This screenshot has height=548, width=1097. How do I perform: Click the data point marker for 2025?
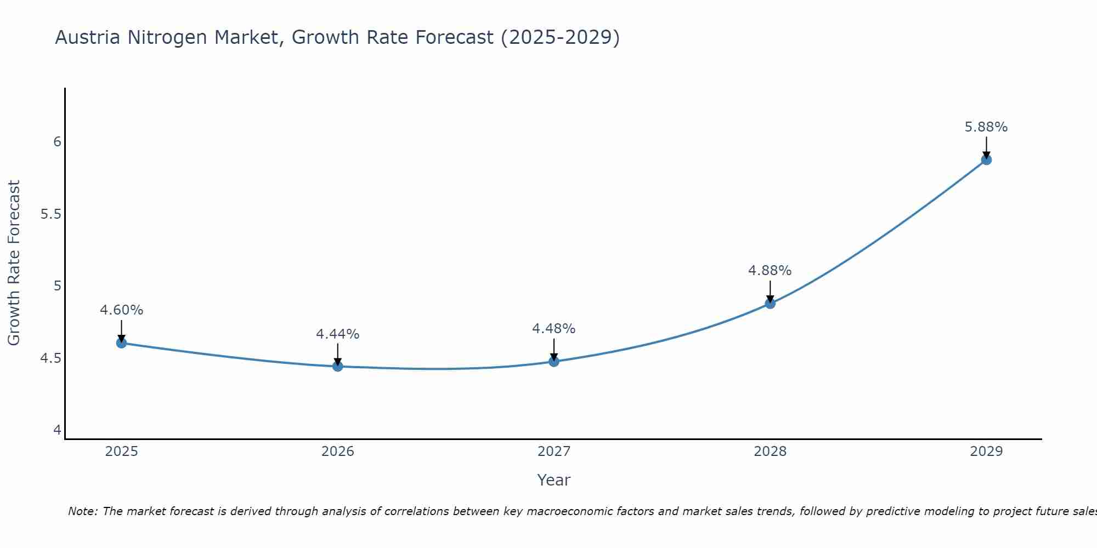(121, 343)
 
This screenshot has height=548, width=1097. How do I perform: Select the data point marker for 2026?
(337, 366)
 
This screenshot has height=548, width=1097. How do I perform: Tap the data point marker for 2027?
(553, 361)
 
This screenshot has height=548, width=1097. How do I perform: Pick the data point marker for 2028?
(770, 303)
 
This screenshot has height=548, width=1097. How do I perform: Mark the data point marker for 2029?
(986, 160)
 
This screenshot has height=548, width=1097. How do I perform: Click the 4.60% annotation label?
(121, 310)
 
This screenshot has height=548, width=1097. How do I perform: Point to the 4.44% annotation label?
(337, 334)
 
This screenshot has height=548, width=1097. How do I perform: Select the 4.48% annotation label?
(553, 329)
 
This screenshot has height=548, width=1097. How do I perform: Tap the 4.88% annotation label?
(770, 271)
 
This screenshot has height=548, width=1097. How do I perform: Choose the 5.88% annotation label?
(986, 127)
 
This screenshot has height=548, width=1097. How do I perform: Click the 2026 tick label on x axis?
(337, 452)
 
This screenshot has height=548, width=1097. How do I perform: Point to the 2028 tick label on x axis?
(770, 452)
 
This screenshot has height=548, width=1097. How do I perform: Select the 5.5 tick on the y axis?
(50, 214)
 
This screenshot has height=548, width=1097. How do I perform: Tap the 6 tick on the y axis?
(57, 142)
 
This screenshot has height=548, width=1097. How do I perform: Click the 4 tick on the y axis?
(57, 430)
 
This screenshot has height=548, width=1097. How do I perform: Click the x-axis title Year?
(553, 480)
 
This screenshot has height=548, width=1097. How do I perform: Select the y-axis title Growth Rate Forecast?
(14, 263)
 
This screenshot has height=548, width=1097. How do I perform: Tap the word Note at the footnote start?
(82, 511)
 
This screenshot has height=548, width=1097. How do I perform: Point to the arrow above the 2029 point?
(986, 147)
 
